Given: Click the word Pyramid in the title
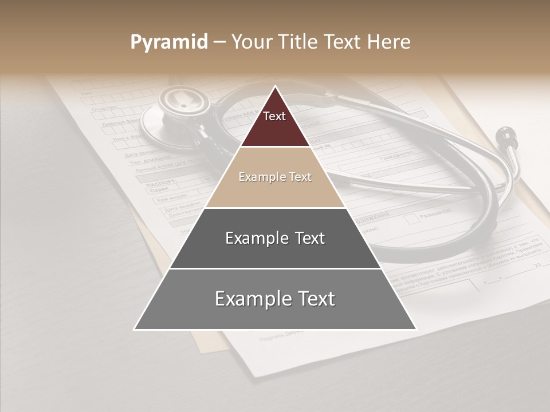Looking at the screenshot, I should click(x=168, y=42).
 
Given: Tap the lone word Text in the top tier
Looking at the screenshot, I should click(x=274, y=116).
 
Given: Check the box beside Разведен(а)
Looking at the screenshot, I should click(x=411, y=218).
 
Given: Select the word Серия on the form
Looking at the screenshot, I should click(x=159, y=191).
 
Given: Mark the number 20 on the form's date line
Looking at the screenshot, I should click(x=537, y=266).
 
